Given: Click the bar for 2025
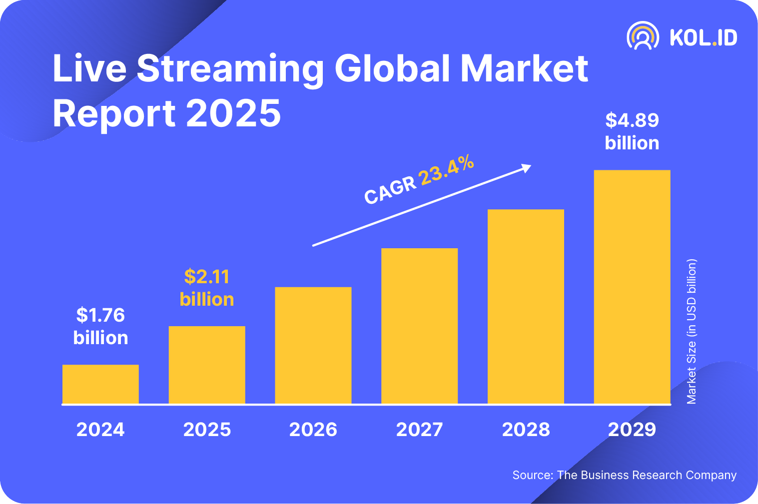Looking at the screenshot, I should pyautogui.click(x=207, y=365).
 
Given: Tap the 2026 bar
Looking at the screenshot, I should pyautogui.click(x=313, y=345).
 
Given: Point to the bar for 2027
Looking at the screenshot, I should pyautogui.click(x=419, y=326).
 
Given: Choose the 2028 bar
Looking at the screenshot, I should pyautogui.click(x=526, y=306).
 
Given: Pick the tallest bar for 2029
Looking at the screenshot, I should pyautogui.click(x=632, y=287).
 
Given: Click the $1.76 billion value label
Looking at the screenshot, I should pyautogui.click(x=100, y=326).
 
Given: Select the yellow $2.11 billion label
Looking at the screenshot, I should pyautogui.click(x=207, y=288).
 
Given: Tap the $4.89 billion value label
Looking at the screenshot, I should pyautogui.click(x=632, y=131).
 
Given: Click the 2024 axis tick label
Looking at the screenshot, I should pyautogui.click(x=100, y=430).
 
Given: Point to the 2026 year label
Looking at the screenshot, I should pyautogui.click(x=313, y=430).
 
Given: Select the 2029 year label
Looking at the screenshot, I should pyautogui.click(x=632, y=430).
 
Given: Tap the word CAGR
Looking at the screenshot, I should pyautogui.click(x=390, y=190).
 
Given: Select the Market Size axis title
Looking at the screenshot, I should pyautogui.click(x=692, y=331).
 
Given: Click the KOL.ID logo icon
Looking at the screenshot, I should pyautogui.click(x=643, y=36).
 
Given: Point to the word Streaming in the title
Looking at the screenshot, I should pyautogui.click(x=230, y=68).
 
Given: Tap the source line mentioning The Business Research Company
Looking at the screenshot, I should pyautogui.click(x=625, y=475).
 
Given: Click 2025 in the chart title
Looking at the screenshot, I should pyautogui.click(x=233, y=113).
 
